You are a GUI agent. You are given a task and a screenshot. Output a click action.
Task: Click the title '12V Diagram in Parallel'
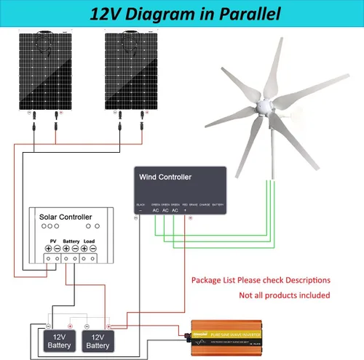(x=182, y=13)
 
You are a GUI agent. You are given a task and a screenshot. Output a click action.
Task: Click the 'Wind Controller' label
(x=165, y=177)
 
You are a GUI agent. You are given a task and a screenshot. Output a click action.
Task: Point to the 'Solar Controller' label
(x=66, y=217)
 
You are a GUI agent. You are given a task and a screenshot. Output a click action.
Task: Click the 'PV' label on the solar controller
(x=52, y=239)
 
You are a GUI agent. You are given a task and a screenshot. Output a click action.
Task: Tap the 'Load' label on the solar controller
(x=89, y=239)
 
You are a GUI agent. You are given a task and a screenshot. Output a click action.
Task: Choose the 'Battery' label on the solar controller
(x=71, y=239)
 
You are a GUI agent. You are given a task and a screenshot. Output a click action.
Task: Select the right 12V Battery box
(x=98, y=341)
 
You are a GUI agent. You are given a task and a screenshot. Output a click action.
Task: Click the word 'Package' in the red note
(x=207, y=280)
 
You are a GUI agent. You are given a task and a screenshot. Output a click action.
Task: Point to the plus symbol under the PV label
(x=48, y=248)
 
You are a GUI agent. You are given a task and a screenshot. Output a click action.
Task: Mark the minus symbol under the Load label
(x=93, y=248)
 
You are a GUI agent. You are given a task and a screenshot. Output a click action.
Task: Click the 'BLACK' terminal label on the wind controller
(x=141, y=205)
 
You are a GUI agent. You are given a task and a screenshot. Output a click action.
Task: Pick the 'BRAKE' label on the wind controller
(x=194, y=205)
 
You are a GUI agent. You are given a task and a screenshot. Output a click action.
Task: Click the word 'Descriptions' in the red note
(x=306, y=280)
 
